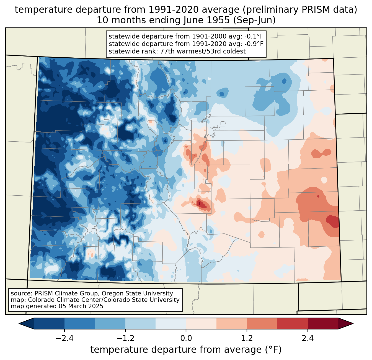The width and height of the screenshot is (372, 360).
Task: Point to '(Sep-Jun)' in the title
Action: click(x=254, y=20)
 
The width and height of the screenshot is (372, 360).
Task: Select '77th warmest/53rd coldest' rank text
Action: click(x=203, y=51)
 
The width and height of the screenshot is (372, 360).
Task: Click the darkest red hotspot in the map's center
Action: click(x=201, y=204)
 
